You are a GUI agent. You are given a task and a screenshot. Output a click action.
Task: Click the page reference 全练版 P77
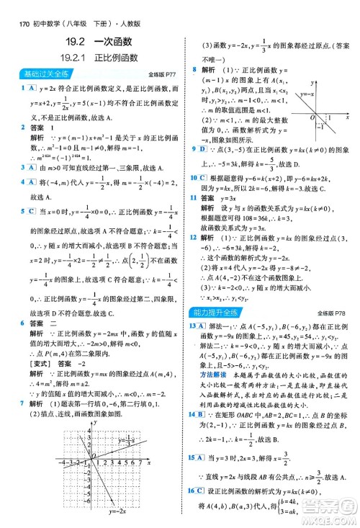pos(162,74)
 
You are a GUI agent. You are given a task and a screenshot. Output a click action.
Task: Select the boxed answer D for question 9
pos(204,149)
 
